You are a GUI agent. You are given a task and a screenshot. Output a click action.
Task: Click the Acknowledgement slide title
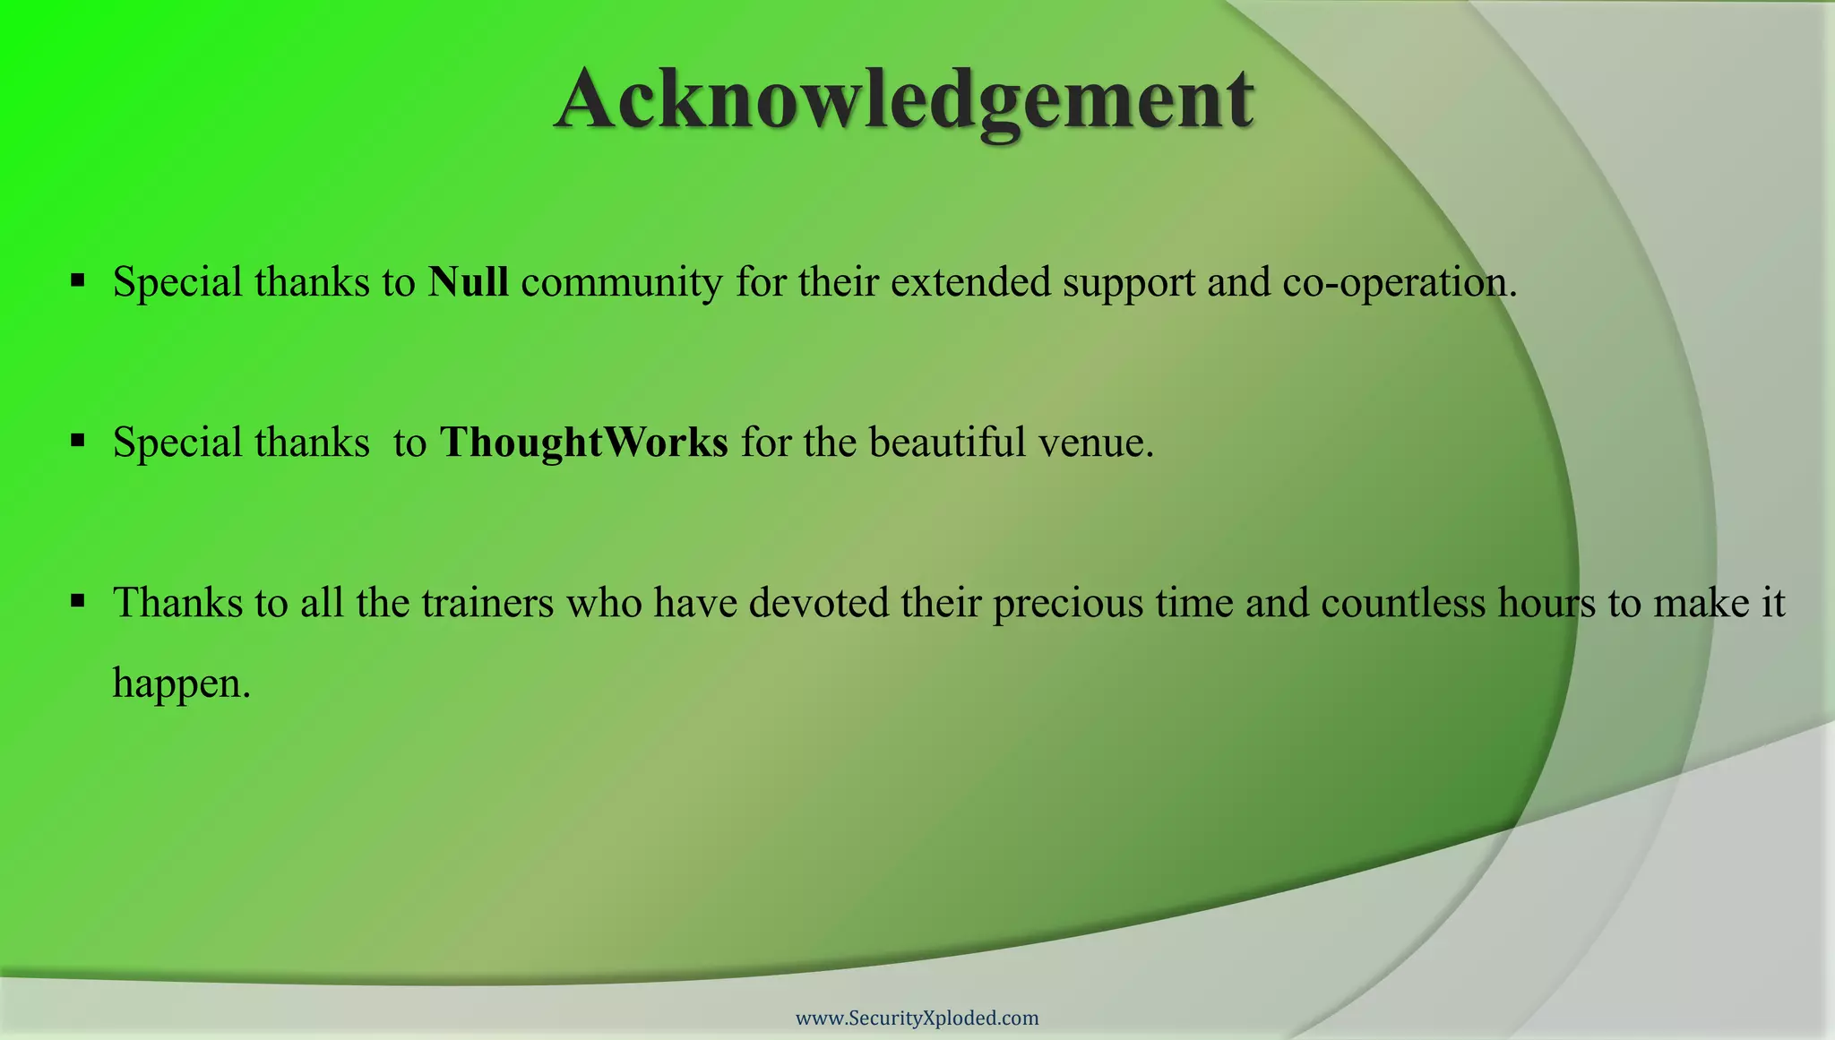pyautogui.click(x=904, y=100)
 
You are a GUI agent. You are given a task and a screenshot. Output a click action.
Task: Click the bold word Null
pyautogui.click(x=468, y=282)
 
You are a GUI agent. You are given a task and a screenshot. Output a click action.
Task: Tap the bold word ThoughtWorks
pyautogui.click(x=583, y=443)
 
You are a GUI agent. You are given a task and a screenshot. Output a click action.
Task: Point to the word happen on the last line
pyautogui.click(x=181, y=684)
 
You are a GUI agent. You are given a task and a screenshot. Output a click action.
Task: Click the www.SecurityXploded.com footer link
pyautogui.click(x=917, y=1019)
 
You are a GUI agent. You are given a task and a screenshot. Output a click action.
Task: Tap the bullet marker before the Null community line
pyautogui.click(x=78, y=281)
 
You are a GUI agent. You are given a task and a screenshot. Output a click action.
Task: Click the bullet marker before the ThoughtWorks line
pyautogui.click(x=78, y=441)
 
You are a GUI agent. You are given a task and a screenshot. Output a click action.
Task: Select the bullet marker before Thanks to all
pyautogui.click(x=78, y=601)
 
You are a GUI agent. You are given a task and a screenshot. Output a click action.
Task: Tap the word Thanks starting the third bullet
pyautogui.click(x=177, y=603)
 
